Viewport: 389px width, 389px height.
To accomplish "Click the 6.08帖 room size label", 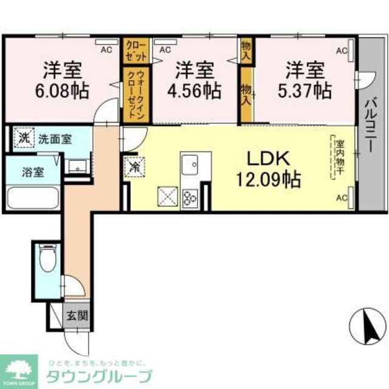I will click(63, 91).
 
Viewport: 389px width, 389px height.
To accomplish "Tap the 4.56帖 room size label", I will click(194, 91).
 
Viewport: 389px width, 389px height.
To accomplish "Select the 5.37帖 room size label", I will click(305, 91).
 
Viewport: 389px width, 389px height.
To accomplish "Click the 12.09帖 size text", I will click(268, 180).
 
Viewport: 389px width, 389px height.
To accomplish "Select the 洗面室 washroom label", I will click(55, 139).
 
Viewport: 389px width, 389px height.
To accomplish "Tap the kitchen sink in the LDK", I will click(191, 164).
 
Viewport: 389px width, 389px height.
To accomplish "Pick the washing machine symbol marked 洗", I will click(22, 137).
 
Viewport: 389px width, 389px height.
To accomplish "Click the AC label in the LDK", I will click(342, 198).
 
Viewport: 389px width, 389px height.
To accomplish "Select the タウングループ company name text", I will click(100, 374).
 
